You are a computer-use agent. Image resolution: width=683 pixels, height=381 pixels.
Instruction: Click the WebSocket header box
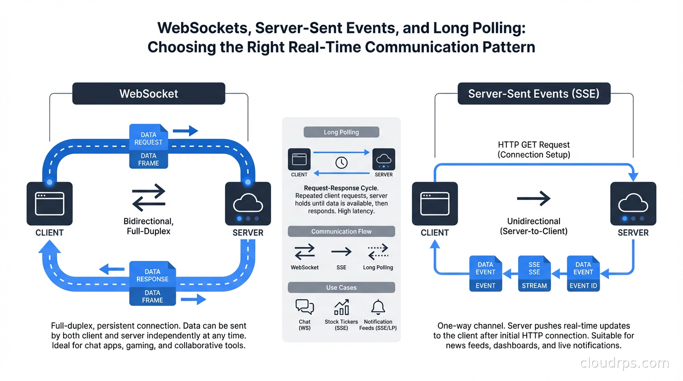pos(148,94)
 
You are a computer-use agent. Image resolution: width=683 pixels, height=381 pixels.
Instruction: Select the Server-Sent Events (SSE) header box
pos(534,94)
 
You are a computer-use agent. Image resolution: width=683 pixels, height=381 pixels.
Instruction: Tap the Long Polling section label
pos(341,132)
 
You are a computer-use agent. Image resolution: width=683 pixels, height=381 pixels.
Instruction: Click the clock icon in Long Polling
pos(341,162)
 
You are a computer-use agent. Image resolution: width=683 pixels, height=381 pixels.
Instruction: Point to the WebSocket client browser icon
pos(49,203)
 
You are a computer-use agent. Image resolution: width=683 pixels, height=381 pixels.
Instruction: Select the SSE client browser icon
pos(435,203)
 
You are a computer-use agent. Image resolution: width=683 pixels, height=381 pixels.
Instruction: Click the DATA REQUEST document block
pos(148,138)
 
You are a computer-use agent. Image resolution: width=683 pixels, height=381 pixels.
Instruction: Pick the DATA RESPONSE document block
pos(152,275)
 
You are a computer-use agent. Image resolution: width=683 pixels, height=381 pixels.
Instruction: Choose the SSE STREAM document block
pos(534,273)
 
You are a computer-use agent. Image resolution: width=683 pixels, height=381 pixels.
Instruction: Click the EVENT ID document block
pos(583,273)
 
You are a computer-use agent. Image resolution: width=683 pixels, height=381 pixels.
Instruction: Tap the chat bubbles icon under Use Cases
pos(304,307)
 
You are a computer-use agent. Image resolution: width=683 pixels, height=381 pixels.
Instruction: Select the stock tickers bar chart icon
pos(341,307)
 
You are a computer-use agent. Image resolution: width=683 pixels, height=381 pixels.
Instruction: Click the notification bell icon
pos(378,307)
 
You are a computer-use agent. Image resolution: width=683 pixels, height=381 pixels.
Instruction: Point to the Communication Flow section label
pos(341,232)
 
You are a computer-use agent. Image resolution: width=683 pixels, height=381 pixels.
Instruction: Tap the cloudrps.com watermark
pos(624,364)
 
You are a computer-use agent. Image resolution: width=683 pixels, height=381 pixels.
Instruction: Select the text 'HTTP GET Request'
pos(534,145)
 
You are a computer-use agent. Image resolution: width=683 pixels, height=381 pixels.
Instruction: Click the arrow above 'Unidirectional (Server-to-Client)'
pos(534,199)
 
